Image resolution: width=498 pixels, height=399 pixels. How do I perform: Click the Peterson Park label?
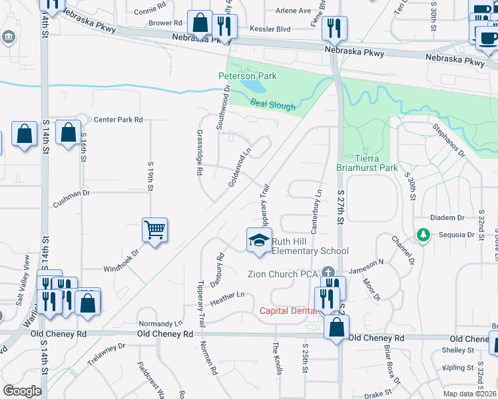pos(248,76)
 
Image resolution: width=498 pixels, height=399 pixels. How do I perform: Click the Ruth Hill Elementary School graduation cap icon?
pos(260,241)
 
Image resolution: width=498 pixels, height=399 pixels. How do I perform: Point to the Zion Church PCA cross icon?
pos(327,273)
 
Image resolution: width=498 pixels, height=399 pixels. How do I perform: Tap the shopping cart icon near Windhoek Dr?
pos(154,231)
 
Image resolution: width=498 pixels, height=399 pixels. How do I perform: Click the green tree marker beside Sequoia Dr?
pos(422,235)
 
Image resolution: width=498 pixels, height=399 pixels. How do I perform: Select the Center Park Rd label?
pos(119,120)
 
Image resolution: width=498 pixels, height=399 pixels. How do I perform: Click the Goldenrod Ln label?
pos(240,167)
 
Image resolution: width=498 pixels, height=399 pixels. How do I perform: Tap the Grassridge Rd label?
pos(199,152)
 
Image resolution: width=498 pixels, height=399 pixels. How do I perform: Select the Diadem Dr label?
pos(447,217)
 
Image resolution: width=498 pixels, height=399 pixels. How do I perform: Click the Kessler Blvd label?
pos(270,29)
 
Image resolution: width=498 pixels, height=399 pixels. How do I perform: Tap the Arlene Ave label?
pos(293,11)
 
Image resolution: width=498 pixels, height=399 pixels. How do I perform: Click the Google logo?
pos(22,391)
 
